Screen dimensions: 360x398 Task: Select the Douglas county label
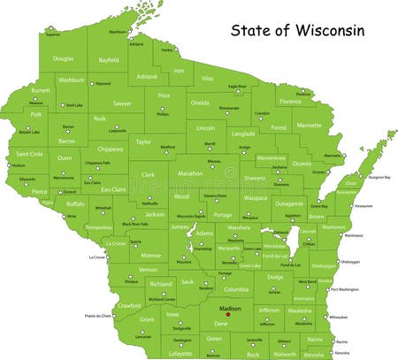(63, 58)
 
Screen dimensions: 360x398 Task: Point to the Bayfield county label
(108, 60)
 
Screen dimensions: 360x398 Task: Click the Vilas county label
(208, 78)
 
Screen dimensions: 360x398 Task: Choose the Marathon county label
(190, 172)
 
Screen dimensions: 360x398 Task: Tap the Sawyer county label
(122, 103)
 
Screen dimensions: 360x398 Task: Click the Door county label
(351, 182)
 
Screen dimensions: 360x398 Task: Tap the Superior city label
(54, 35)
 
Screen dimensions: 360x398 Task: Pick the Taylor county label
(142, 141)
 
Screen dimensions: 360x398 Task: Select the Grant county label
(147, 318)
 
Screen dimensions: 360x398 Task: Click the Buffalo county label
(75, 203)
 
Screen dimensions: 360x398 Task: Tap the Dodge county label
(275, 277)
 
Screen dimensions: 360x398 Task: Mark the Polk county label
(36, 114)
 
